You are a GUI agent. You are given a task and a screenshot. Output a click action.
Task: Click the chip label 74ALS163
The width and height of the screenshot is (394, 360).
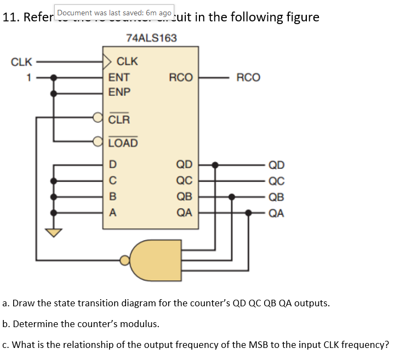point(151,38)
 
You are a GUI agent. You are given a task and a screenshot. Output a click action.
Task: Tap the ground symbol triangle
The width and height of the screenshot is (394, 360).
point(53,232)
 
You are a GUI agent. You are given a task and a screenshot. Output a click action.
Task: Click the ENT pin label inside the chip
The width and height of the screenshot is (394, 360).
point(119,78)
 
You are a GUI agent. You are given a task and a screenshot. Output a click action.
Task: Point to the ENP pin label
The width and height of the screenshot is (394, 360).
point(119,92)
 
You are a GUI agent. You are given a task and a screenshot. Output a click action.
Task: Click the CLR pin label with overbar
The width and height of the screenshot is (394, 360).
point(119,118)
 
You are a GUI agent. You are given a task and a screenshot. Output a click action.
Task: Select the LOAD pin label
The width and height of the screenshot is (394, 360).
point(123,144)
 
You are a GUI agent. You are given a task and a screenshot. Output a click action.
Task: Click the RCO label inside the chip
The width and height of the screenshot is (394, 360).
point(181,78)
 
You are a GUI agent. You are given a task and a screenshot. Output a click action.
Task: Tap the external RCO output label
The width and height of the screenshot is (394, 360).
point(248,78)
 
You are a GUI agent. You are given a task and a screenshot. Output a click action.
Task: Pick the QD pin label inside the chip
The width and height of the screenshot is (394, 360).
point(184,164)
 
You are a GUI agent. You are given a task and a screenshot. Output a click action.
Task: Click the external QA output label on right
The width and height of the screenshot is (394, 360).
point(276,214)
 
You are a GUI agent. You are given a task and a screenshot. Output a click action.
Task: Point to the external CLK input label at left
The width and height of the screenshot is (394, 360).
point(21,62)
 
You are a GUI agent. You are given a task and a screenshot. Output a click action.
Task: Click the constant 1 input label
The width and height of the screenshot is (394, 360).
point(30,78)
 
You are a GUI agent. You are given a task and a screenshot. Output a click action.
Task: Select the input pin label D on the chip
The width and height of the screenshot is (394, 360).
point(112,164)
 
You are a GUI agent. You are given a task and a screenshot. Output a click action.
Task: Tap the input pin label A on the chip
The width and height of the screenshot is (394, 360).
point(112,213)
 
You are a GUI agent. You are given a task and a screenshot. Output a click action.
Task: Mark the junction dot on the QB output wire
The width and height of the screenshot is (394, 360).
point(232,197)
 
